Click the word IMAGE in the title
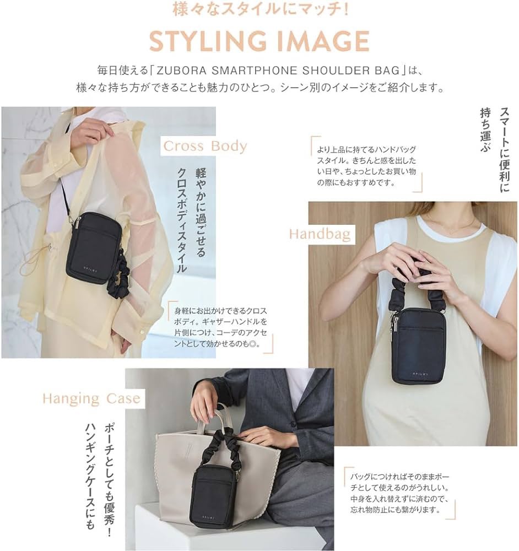pyautogui.click(x=323, y=41)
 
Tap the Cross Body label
pyautogui.click(x=205, y=146)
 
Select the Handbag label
pyautogui.click(x=320, y=234)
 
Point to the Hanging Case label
pyautogui.click(x=91, y=398)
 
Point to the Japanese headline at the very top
pyautogui.click(x=261, y=9)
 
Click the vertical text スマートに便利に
pyautogui.click(x=504, y=150)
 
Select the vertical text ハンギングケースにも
pyautogui.click(x=90, y=476)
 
